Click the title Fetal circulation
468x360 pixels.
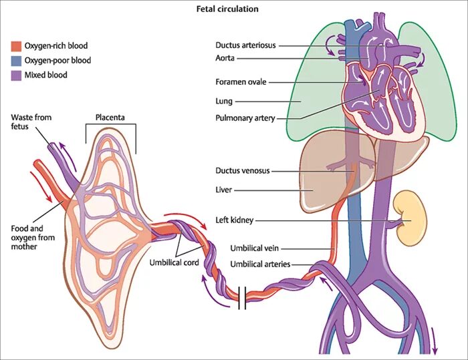pos(227,9)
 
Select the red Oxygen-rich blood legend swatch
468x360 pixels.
pos(16,46)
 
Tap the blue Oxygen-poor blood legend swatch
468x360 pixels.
pos(16,61)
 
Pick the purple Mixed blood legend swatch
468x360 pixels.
pos(16,75)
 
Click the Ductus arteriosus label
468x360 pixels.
pos(245,45)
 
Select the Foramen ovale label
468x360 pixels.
pos(241,82)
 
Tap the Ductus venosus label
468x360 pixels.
pos(243,170)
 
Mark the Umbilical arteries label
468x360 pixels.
pos(260,264)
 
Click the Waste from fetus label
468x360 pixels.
pos(31,122)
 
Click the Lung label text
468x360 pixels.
pos(224,101)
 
